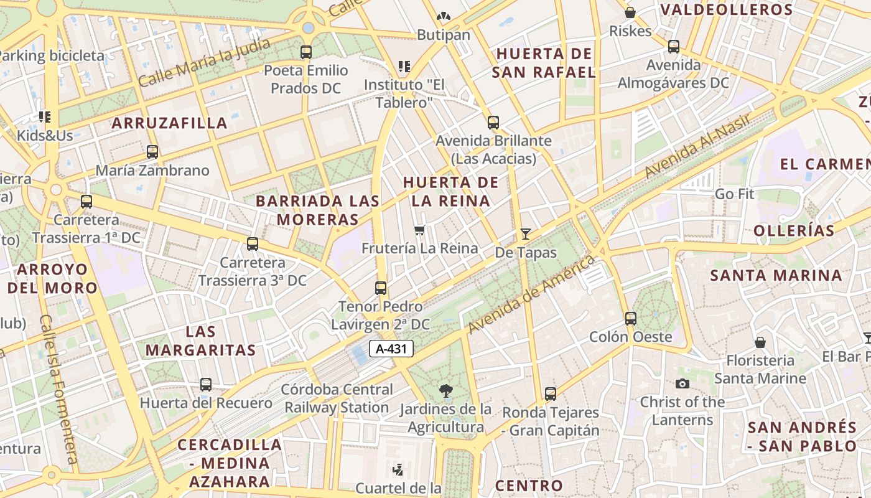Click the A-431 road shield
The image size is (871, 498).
click(x=391, y=349)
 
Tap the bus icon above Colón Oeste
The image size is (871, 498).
click(x=631, y=319)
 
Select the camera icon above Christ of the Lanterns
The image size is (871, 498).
click(x=682, y=384)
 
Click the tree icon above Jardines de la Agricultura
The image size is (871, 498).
click(x=445, y=391)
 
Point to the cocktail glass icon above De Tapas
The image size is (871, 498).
click(x=526, y=234)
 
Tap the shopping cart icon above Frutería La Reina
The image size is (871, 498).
click(x=421, y=230)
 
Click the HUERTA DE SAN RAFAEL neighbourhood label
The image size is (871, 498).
click(x=544, y=63)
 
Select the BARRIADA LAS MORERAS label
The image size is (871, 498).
click(x=317, y=210)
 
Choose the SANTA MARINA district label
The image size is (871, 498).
click(x=776, y=275)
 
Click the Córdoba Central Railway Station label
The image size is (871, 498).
click(x=337, y=398)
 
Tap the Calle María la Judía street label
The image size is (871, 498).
click(x=205, y=62)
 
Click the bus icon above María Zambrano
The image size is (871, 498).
click(x=152, y=152)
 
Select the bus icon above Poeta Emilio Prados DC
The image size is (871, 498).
click(x=305, y=52)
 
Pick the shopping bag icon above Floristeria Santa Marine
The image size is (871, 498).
click(x=760, y=342)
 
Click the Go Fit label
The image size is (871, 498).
click(x=734, y=194)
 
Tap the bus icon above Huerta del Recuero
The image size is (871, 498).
click(x=206, y=385)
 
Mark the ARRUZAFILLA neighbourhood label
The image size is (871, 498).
click(x=169, y=123)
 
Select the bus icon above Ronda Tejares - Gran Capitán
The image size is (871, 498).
click(x=551, y=394)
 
